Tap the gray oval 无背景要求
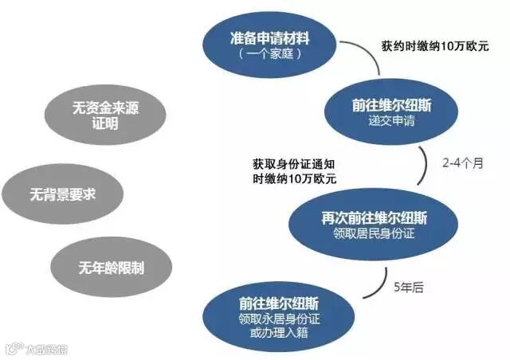pos(62,194)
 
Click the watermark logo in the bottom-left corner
pos(14,348)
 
